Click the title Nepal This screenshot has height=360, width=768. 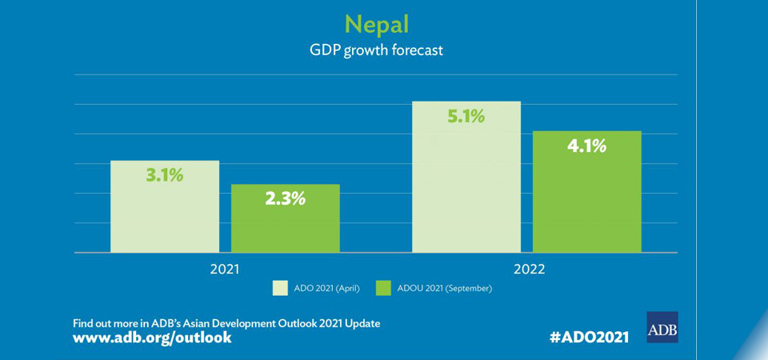point(376,22)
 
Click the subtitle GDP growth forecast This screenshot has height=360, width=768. point(376,50)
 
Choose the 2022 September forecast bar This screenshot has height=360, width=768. point(586,200)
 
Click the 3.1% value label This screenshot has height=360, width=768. point(164,175)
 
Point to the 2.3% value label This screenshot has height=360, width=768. point(286,198)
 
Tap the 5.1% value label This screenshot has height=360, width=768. point(466,116)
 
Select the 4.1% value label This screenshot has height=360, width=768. point(586,146)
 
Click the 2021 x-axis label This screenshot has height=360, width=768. point(224,269)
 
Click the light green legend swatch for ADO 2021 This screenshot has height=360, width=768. point(280,288)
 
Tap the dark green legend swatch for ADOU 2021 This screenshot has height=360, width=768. point(382,288)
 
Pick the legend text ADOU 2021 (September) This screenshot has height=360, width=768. point(444,288)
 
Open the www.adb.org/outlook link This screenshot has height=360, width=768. point(152,338)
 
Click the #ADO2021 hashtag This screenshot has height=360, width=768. point(589,337)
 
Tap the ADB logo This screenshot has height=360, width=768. point(662,327)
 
